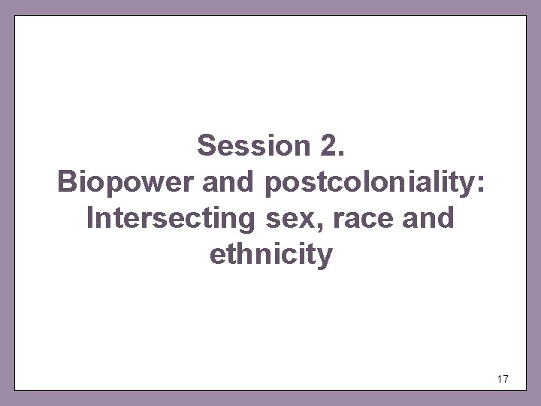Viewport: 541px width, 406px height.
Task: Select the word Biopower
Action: pos(117,182)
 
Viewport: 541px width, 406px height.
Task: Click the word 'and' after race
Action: pos(428,219)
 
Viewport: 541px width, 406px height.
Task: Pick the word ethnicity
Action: pos(270,256)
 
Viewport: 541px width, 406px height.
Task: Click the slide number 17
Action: pos(502,380)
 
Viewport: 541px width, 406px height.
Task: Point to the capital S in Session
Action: pos(205,145)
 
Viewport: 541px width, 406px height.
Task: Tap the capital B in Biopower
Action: pos(66,182)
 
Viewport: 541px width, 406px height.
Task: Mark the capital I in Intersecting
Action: pos(91,219)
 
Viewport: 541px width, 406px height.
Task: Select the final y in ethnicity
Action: pos(324,258)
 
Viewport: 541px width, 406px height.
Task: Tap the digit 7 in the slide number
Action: pos(505,380)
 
